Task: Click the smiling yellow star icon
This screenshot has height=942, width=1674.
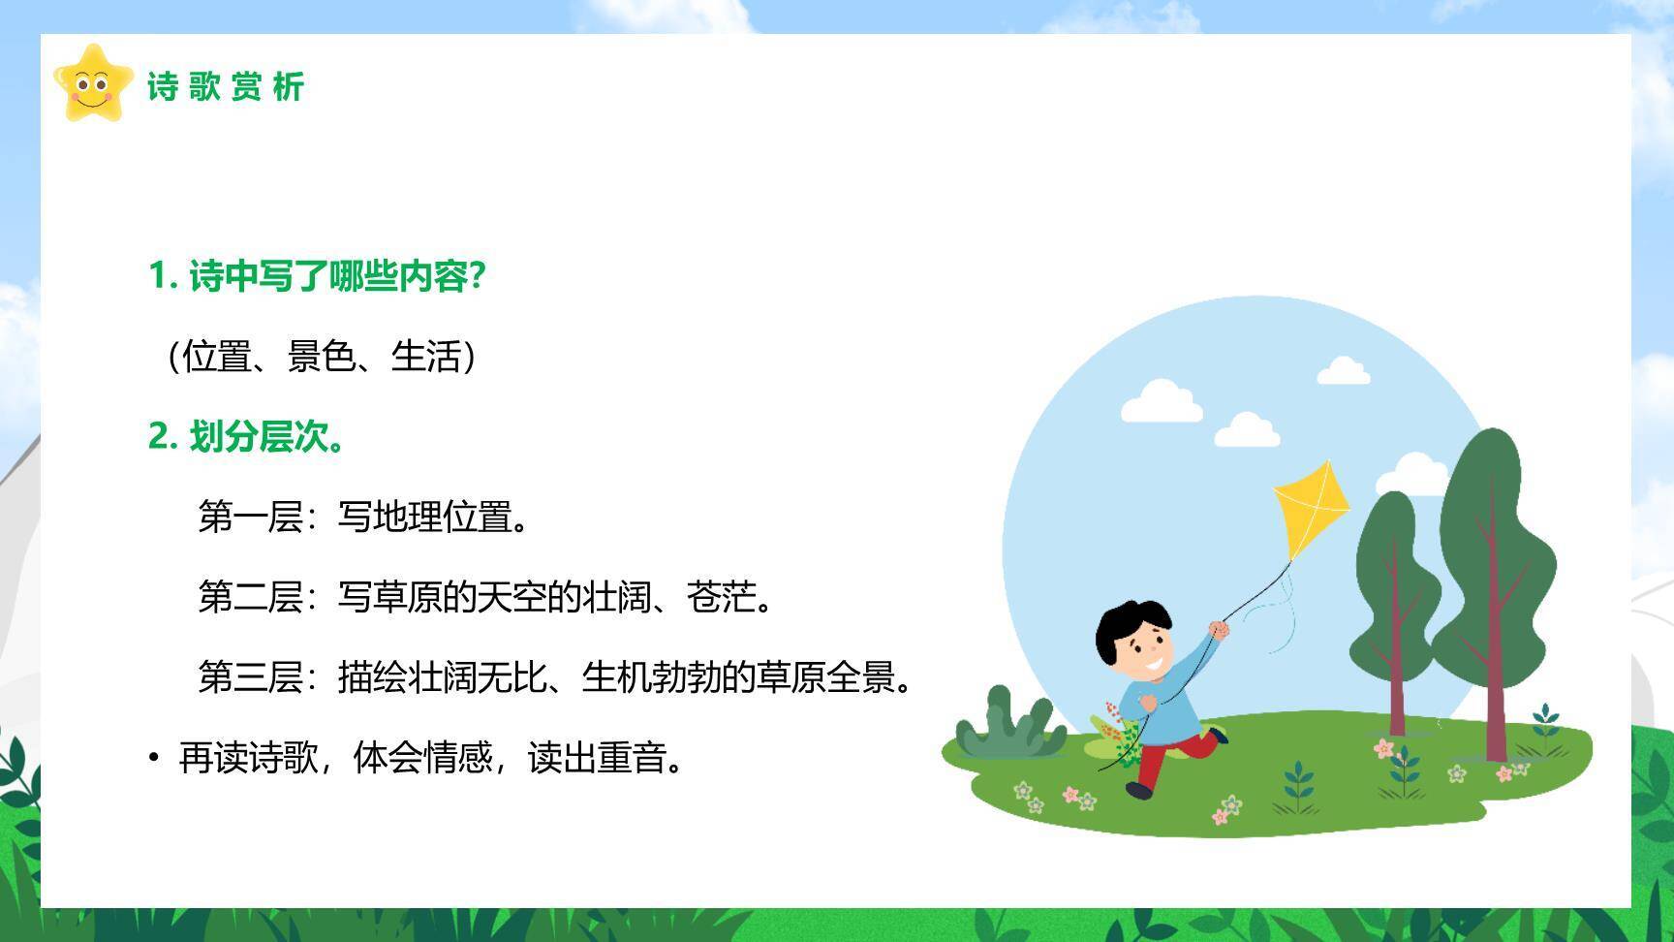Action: pyautogui.click(x=93, y=83)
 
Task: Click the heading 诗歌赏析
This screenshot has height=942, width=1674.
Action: pyautogui.click(x=226, y=87)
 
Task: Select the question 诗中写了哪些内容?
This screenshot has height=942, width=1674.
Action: pyautogui.click(x=316, y=276)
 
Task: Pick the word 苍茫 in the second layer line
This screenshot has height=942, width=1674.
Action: pyautogui.click(x=722, y=596)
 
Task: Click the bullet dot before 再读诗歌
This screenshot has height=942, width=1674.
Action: pyautogui.click(x=153, y=756)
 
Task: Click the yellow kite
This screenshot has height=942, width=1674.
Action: pyautogui.click(x=1312, y=509)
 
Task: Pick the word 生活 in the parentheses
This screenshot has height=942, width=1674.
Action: pyautogui.click(x=426, y=357)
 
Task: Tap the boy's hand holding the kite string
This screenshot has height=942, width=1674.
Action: pyautogui.click(x=1219, y=630)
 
